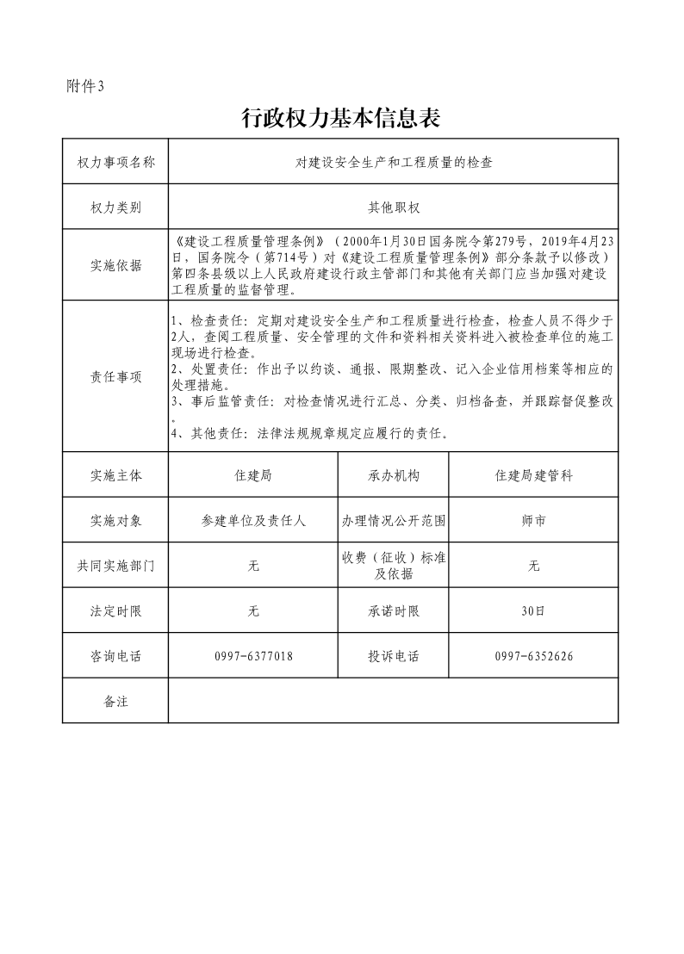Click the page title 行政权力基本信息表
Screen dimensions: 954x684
tap(341, 118)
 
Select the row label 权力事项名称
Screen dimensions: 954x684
tap(115, 161)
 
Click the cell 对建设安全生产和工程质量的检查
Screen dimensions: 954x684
tap(393, 161)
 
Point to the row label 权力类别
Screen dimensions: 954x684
tap(115, 207)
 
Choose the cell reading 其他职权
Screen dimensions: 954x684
tap(393, 207)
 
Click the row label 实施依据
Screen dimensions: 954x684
tap(115, 265)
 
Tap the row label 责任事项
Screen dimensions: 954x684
tap(115, 377)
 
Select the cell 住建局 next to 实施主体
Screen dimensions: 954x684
tap(253, 475)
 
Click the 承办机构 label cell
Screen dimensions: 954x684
tap(393, 475)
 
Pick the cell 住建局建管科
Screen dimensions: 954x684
tap(533, 475)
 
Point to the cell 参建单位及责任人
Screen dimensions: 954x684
tap(253, 521)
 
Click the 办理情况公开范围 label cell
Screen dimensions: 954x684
tap(393, 521)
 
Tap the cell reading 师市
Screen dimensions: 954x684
tap(533, 521)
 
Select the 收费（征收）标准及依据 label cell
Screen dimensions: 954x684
tap(393, 566)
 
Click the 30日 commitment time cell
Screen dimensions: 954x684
tap(533, 610)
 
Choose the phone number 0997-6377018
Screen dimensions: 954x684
tap(253, 656)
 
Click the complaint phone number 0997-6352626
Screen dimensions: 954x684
tap(533, 656)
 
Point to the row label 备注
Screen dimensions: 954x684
tap(115, 701)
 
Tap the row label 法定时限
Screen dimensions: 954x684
tap(115, 610)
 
